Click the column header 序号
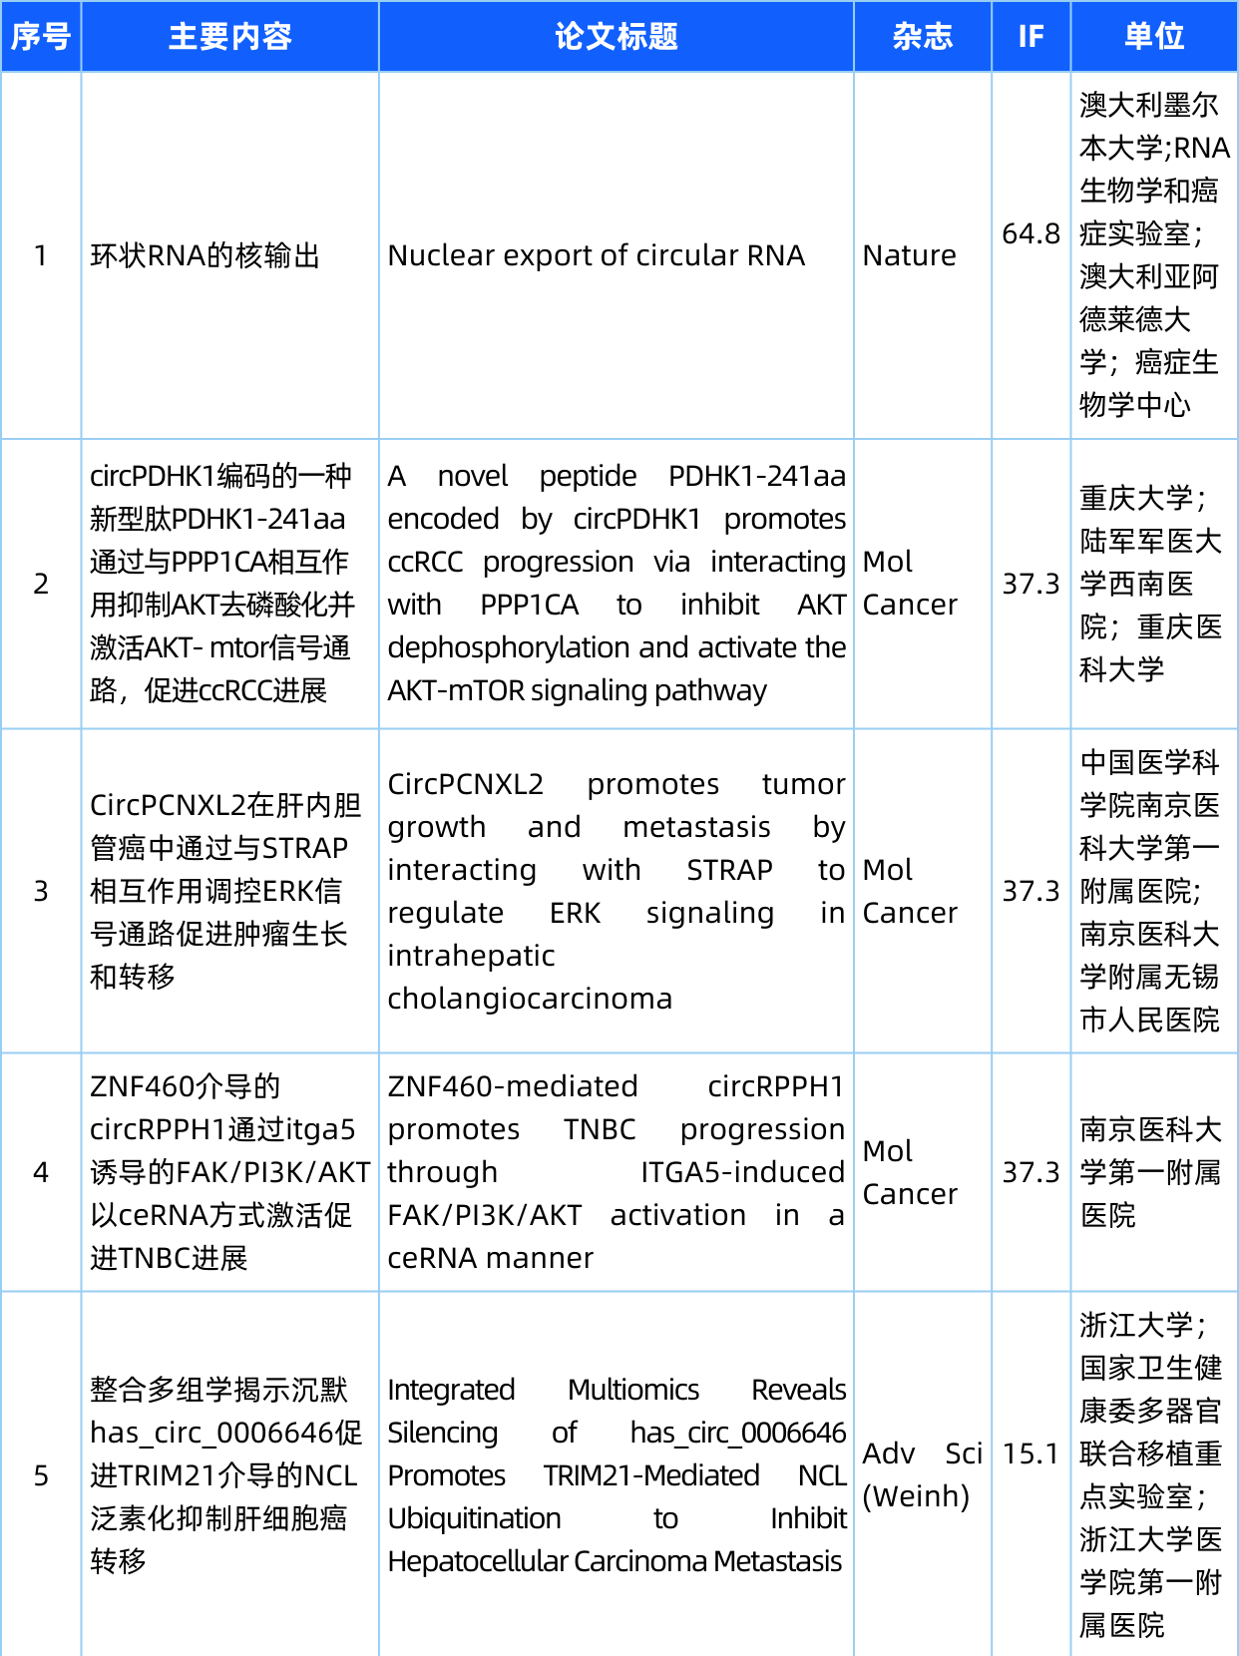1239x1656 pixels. point(41,37)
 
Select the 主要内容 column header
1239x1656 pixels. point(229,37)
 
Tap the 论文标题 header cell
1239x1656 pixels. point(616,37)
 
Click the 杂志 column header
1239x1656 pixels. point(922,37)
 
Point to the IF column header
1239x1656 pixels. point(1031,37)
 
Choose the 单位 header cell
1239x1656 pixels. point(1154,37)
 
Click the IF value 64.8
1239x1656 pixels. point(1031,233)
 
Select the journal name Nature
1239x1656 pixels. point(909,255)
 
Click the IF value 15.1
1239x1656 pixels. point(1031,1453)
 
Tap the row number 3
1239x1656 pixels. point(41,891)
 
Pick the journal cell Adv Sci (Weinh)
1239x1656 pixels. point(922,1474)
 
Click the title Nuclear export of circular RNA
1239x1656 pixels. point(596,255)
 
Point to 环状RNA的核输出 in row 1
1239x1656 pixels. point(205,255)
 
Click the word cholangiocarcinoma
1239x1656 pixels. point(530,999)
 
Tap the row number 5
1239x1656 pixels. point(41,1475)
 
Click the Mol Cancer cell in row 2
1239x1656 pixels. point(909,584)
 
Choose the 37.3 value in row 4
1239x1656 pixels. point(1031,1172)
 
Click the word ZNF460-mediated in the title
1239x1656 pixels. point(513,1086)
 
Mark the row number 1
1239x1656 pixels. point(41,255)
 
